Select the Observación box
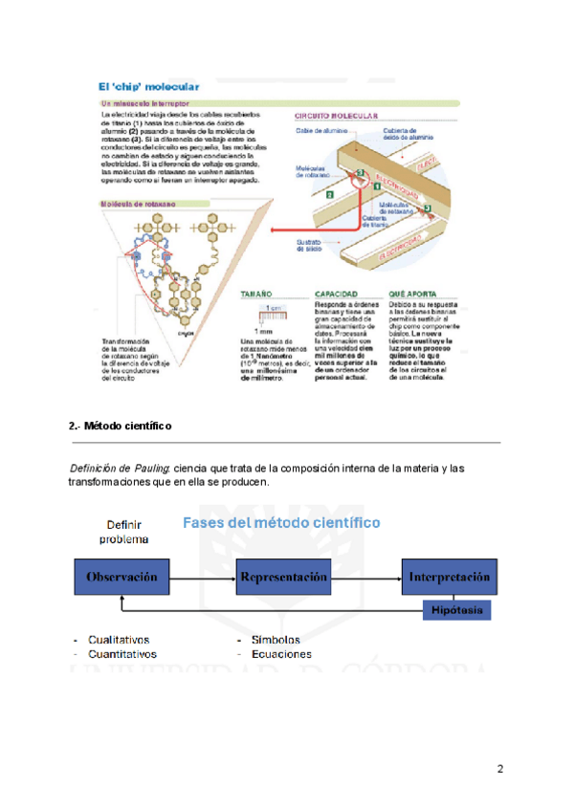(122, 578)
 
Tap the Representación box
(284, 578)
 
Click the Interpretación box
(450, 578)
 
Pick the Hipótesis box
(457, 609)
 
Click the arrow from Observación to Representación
(203, 578)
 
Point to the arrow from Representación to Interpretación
(366, 578)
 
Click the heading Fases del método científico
(281, 523)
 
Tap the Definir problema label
(124, 532)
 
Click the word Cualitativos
(119, 640)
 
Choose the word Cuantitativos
(122, 654)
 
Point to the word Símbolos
(276, 640)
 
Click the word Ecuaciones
(281, 654)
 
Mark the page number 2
(500, 769)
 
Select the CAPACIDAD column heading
(336, 295)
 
